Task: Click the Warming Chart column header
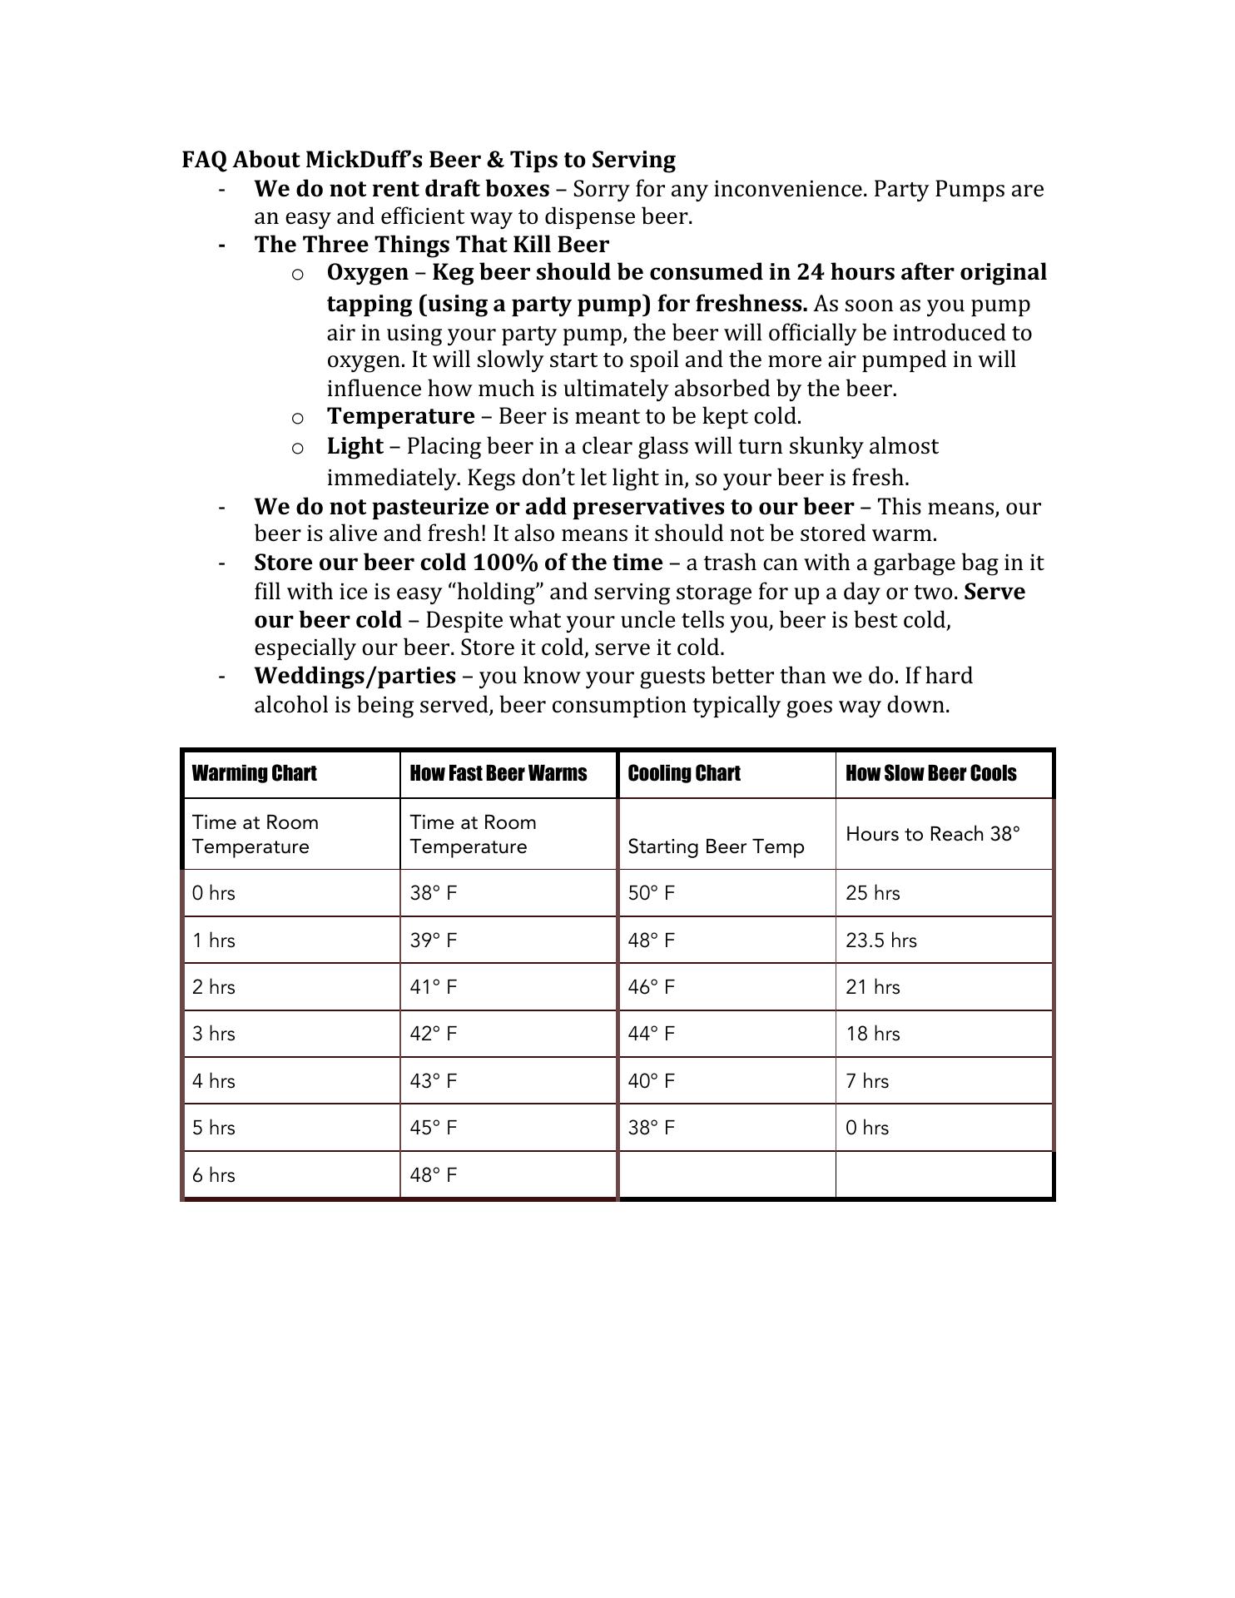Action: [254, 773]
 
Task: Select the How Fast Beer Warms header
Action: [498, 773]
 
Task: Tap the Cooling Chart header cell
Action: [683, 773]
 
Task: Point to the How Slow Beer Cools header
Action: [930, 773]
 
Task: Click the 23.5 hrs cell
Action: [880, 940]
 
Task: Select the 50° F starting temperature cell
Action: [651, 893]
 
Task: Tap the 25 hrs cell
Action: [872, 893]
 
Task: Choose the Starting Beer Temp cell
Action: [716, 846]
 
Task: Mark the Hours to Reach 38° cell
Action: [932, 834]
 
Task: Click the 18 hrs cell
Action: [872, 1034]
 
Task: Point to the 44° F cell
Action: [651, 1034]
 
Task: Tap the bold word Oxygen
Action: [367, 272]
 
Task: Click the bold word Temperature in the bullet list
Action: [400, 416]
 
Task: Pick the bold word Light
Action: [355, 446]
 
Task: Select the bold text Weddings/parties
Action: [355, 676]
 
